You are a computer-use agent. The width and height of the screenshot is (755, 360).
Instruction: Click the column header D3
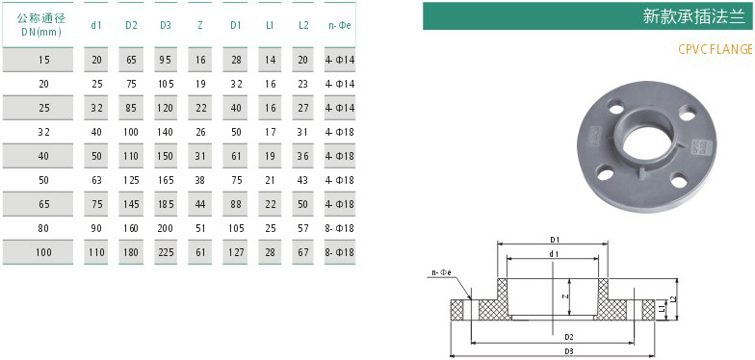coord(166,25)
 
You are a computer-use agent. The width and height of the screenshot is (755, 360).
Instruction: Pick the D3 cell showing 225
coord(166,252)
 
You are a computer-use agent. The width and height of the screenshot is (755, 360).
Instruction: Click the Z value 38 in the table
coord(200,180)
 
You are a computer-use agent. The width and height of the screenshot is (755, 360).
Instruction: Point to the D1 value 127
coord(235,252)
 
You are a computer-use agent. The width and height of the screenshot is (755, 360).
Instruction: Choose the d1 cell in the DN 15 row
coord(96,60)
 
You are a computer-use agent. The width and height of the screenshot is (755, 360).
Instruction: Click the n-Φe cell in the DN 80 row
coord(340,228)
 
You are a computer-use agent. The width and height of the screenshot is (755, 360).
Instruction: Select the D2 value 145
coord(131,204)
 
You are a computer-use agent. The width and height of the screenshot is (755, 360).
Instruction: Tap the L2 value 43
coord(303,180)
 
